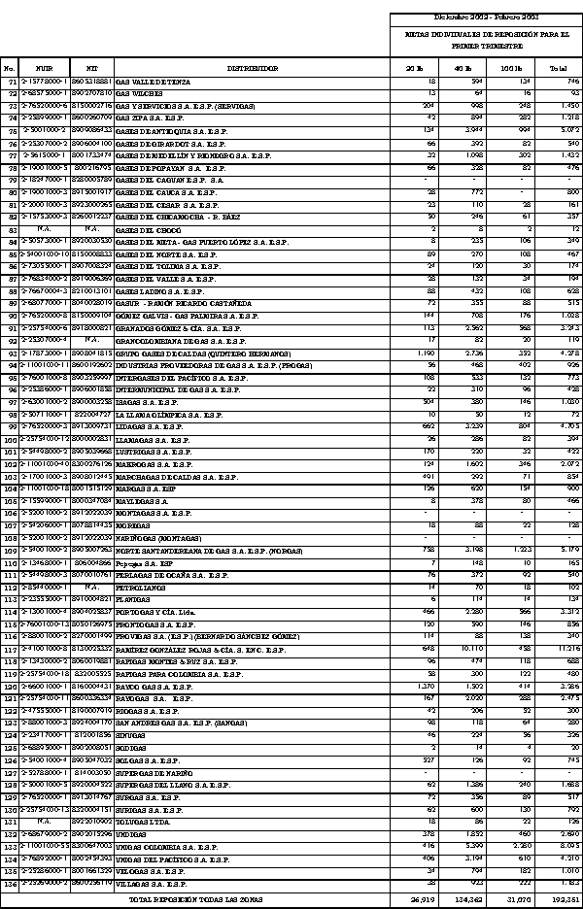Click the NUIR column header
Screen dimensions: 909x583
[x=44, y=69]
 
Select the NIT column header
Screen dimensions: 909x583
[x=91, y=69]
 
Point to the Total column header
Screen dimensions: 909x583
[x=558, y=69]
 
